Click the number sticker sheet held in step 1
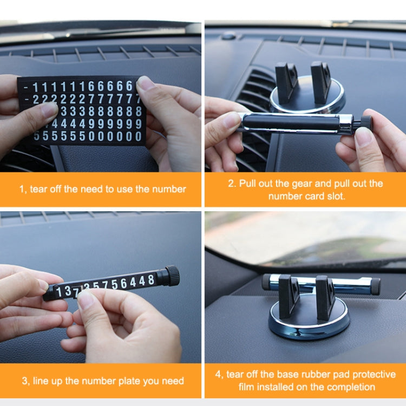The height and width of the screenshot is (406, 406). (81, 111)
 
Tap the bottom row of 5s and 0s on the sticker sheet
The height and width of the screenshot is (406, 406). (87, 136)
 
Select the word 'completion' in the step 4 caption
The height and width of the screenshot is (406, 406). (352, 387)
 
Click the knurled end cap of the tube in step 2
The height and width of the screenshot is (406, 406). (366, 122)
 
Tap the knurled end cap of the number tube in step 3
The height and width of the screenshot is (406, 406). (172, 276)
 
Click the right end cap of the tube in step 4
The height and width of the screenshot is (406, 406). (375, 286)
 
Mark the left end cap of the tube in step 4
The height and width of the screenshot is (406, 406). (266, 282)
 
